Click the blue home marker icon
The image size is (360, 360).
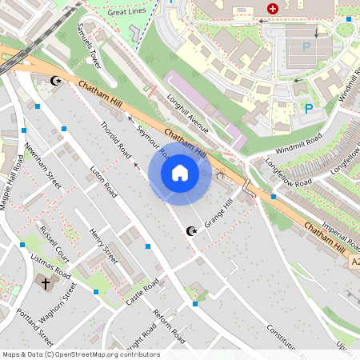(x=180, y=172)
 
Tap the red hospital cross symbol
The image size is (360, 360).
(x=274, y=9)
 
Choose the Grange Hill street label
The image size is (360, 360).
(x=217, y=213)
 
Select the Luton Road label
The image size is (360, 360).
(x=103, y=182)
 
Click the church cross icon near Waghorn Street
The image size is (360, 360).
(x=46, y=283)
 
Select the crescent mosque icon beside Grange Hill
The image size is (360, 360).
(x=190, y=231)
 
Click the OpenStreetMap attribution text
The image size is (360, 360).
(x=80, y=354)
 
